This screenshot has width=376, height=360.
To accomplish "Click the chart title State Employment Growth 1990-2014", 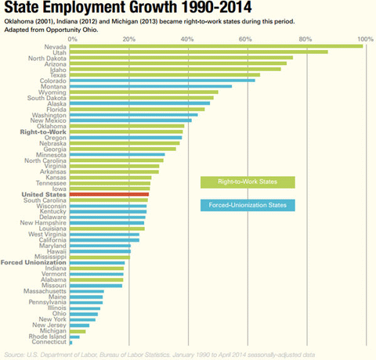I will pyautogui.click(x=109, y=9).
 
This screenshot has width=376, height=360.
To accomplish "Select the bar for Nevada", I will pyautogui.click(x=216, y=46).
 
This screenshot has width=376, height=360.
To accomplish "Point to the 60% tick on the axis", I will pyautogui.click(x=248, y=38).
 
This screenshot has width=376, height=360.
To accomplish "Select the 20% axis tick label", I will pyautogui.click(x=131, y=38).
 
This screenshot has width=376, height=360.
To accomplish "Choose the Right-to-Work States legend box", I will pyautogui.click(x=248, y=182).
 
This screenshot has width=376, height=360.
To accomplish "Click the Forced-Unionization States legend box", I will pyautogui.click(x=248, y=205).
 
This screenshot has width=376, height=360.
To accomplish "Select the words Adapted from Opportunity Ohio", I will pyautogui.click(x=49, y=31).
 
